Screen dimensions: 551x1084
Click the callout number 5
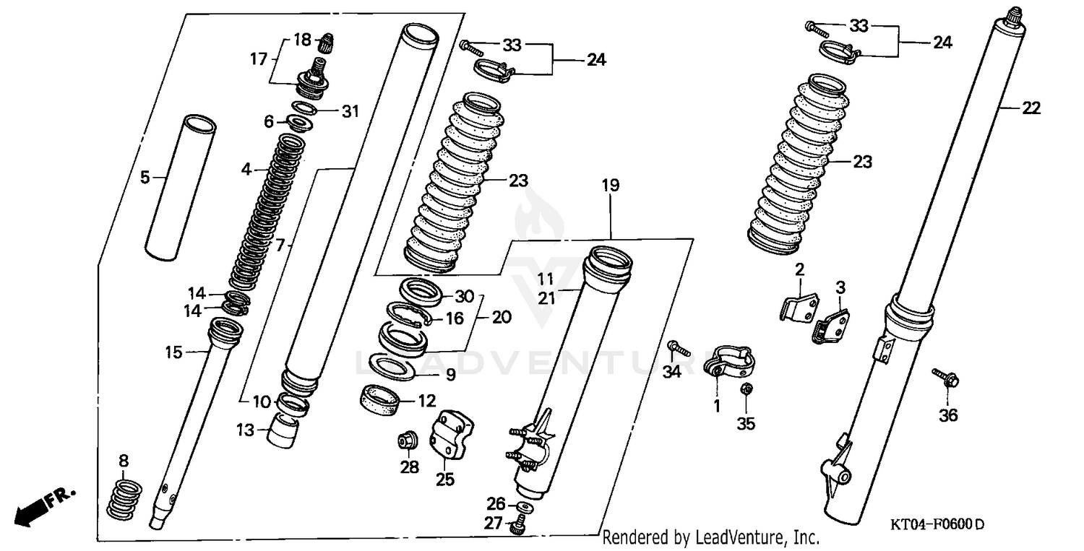click(x=145, y=177)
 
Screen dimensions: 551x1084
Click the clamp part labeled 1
click(x=727, y=361)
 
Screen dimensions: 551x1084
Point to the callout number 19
click(x=611, y=186)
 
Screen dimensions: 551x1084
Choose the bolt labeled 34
click(x=679, y=349)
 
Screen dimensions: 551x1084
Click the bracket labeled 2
click(x=796, y=303)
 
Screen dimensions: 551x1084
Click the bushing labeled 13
click(x=283, y=432)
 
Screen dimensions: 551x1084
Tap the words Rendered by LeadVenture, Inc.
click(x=711, y=537)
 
